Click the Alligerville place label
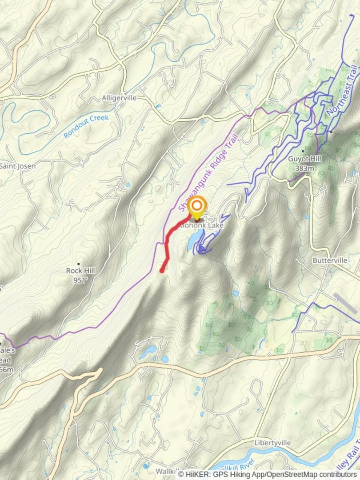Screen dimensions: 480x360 [x=119, y=98]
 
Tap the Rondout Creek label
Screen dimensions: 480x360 [x=86, y=126]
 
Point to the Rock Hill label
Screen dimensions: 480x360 [x=80, y=270]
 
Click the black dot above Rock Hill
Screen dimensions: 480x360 [x=79, y=264]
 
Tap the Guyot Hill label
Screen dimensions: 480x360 [x=304, y=159]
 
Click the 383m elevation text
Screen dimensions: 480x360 [x=304, y=168]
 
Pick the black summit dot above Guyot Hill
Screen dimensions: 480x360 [x=303, y=151]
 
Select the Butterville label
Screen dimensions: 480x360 [x=329, y=260]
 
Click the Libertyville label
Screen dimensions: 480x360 [x=272, y=443]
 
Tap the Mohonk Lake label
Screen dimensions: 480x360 [x=201, y=225]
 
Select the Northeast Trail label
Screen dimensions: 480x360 [x=342, y=92]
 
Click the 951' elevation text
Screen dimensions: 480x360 [x=80, y=280]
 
